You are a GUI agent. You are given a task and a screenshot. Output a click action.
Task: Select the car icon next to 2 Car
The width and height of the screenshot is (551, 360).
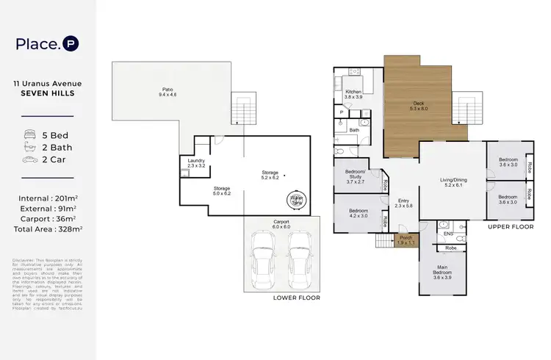tap(30, 159)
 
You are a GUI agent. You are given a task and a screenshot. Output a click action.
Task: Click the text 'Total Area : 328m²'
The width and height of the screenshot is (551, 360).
tap(48, 229)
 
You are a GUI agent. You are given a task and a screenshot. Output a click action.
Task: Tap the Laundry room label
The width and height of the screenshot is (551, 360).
tap(196, 162)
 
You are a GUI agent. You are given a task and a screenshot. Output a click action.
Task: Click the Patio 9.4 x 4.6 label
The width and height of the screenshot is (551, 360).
tap(168, 93)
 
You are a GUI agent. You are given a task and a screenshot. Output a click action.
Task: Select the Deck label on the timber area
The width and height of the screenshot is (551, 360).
tap(417, 105)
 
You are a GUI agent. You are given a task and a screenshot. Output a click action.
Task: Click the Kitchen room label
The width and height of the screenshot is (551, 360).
tap(354, 94)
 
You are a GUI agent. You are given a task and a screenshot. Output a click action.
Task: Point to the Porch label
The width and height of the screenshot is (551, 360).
tap(406, 240)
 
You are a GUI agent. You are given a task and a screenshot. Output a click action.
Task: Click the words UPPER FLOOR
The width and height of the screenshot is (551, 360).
tap(511, 227)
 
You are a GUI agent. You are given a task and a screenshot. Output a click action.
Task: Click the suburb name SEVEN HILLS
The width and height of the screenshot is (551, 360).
tap(48, 93)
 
